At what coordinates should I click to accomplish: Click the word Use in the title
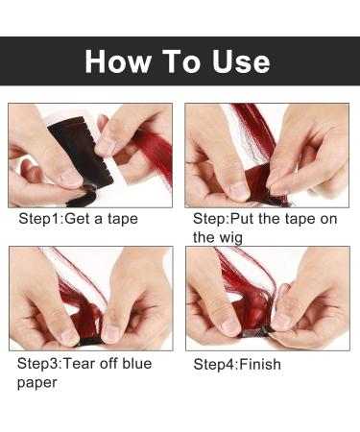pos(239,61)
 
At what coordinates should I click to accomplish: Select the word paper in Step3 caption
pos(38,381)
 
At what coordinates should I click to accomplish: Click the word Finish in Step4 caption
pos(259,365)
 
